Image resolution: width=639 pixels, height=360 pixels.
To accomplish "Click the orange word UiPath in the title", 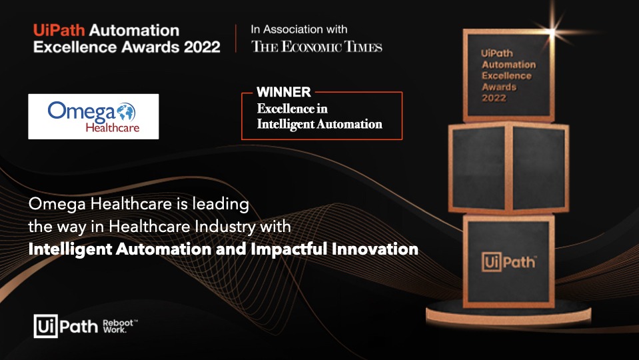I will (59, 31).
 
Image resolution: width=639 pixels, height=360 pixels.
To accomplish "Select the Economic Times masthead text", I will (317, 47).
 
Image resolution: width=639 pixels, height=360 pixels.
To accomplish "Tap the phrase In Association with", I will (299, 29).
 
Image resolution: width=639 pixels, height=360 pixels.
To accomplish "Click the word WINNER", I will (284, 93).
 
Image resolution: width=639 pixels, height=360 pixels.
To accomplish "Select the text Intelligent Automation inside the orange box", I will (320, 124).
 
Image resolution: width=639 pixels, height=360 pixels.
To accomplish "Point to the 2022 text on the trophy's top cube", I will (494, 98).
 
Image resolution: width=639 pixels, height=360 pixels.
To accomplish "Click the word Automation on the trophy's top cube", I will (508, 65).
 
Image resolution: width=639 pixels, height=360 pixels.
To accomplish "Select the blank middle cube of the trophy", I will (508, 167).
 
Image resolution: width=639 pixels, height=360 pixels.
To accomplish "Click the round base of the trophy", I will (508, 312).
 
